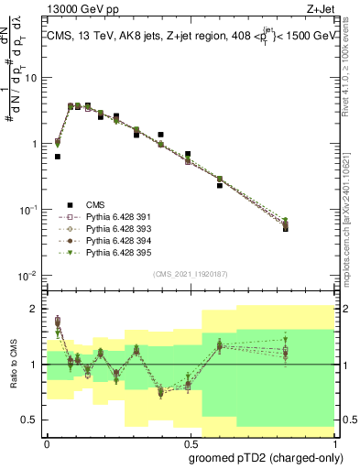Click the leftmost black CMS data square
click(x=58, y=157)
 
